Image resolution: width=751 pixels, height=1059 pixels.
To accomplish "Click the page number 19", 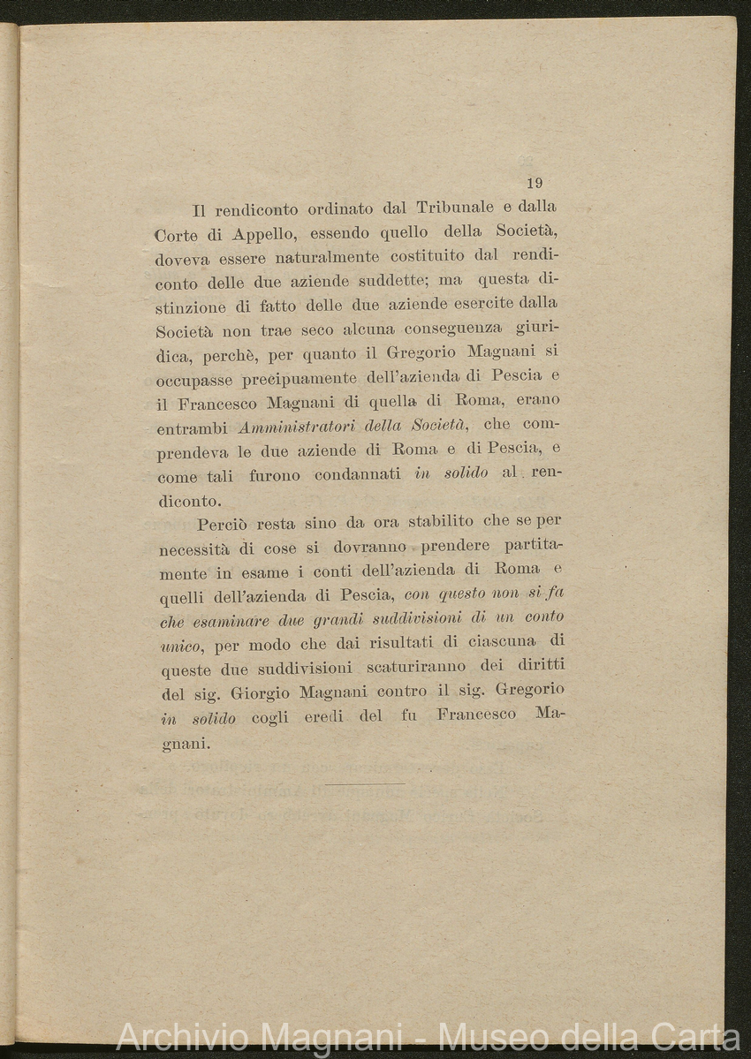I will tap(534, 184).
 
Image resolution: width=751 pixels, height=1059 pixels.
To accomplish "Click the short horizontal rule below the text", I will tap(364, 783).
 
